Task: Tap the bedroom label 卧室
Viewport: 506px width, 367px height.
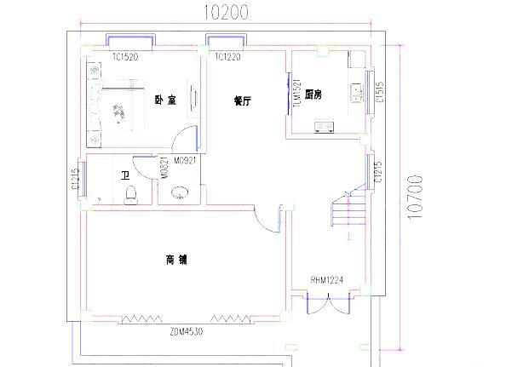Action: point(165,100)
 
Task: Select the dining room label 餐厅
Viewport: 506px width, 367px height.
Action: point(243,100)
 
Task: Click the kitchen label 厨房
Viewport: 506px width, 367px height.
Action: point(313,95)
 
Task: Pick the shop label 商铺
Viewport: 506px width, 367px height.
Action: point(176,259)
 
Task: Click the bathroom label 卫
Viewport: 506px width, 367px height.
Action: point(125,175)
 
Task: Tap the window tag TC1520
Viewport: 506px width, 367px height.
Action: point(124,57)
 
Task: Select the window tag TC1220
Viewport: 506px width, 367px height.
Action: point(227,57)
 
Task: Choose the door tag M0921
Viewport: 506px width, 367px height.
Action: point(186,159)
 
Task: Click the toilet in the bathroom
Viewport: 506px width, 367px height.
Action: point(130,196)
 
